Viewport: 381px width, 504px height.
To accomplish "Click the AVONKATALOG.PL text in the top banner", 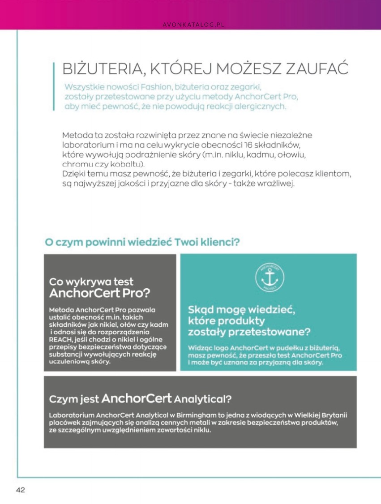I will coord(193,25).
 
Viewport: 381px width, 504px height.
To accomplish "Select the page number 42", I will coord(21,490).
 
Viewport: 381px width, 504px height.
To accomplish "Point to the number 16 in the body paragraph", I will coord(249,145).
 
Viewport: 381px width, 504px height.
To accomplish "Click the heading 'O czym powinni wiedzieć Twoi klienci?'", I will coord(142,242).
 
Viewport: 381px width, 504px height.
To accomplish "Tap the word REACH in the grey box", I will coord(60,339).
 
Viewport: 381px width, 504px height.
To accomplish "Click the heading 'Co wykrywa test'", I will coord(91,282).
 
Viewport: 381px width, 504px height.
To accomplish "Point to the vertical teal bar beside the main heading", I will coord(54,86).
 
